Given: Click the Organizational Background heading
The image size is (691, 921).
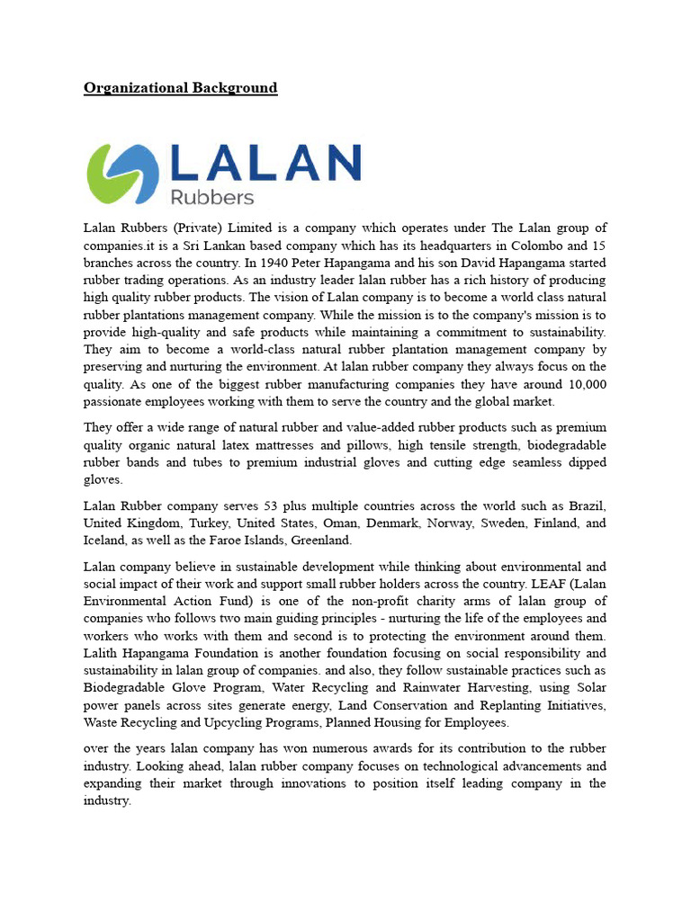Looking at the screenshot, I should (x=180, y=88).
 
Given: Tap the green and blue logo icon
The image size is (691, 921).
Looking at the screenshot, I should (x=122, y=173).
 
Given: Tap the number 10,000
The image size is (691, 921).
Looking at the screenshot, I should (x=582, y=384).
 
